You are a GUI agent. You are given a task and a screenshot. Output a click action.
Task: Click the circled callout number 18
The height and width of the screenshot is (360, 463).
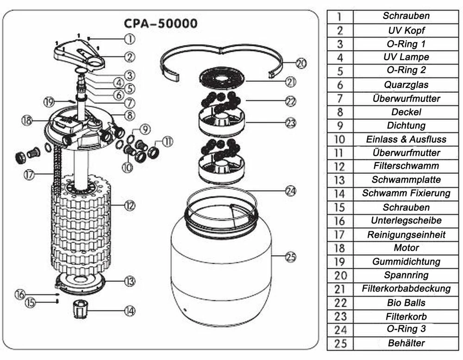tap(27, 120)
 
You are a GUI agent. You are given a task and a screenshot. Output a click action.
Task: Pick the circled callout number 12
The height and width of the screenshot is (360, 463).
tap(129, 204)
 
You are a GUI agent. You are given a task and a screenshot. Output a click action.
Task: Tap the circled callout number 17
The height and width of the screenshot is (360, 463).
tap(30, 175)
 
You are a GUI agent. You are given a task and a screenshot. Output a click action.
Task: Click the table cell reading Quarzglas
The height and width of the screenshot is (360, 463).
tap(406, 84)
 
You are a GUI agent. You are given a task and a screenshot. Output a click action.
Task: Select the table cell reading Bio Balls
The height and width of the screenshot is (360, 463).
tap(406, 303)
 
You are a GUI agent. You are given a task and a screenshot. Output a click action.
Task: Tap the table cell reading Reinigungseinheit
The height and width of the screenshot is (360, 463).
tap(406, 235)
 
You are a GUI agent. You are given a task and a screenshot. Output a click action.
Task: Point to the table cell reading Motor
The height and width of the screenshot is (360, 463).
tap(406, 248)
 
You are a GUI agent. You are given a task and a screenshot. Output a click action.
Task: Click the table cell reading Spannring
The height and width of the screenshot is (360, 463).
tap(406, 275)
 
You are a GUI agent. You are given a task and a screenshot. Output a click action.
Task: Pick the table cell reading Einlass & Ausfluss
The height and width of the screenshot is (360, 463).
tap(406, 139)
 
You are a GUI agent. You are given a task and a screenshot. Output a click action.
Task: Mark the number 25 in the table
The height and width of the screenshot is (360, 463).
tap(340, 344)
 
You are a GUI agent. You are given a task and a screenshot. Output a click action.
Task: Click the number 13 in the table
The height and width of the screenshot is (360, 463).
tap(340, 180)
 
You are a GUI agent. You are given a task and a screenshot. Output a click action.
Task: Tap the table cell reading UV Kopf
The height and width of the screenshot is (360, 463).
tap(406, 31)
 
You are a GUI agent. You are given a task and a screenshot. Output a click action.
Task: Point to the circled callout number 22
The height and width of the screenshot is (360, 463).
tap(291, 101)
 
